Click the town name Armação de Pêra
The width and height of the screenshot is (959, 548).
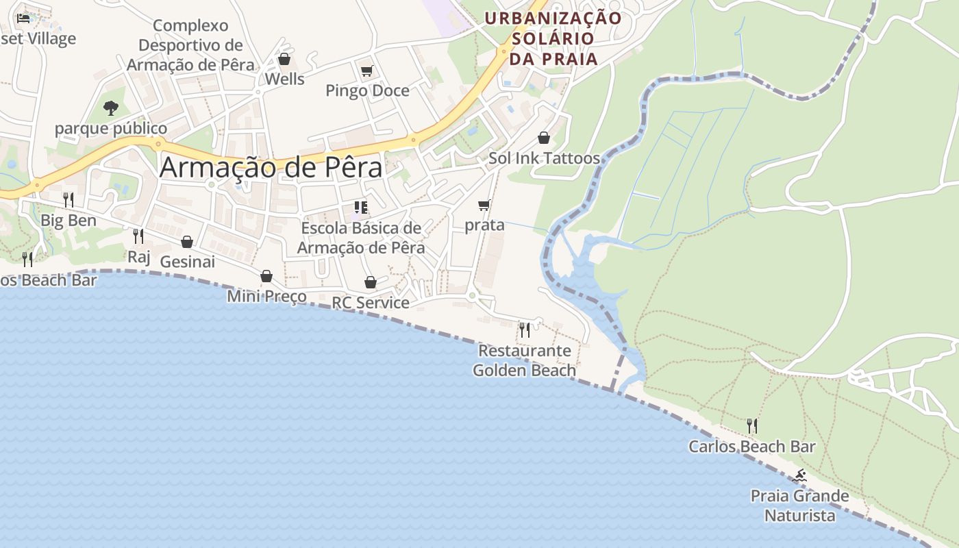pos(271,167)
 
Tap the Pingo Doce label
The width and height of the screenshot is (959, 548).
pos(367,90)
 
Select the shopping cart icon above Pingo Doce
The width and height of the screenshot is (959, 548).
pos(366,70)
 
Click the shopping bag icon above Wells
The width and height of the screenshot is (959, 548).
pos(284,59)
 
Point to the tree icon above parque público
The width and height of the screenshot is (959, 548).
pos(110,108)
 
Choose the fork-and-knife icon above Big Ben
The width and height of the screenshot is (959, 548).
pos(68,199)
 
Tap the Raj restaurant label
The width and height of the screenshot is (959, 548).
pos(138,257)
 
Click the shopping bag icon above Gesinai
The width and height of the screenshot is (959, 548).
pos(186,241)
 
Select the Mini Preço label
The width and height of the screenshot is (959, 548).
pos(266,297)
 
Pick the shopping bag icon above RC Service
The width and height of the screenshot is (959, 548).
pos(371,282)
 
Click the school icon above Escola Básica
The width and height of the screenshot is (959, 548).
pos(361,207)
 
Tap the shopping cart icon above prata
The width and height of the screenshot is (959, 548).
pos(484,205)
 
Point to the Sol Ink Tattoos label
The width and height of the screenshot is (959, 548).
pos(544,158)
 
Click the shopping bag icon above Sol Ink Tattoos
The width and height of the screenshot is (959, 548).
pos(544,138)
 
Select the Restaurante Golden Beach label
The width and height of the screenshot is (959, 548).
pos(525,360)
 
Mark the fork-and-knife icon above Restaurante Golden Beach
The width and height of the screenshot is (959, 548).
pos(525,330)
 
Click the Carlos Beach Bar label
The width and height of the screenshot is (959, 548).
pos(751,447)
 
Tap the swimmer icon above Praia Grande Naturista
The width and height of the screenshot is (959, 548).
pos(799,475)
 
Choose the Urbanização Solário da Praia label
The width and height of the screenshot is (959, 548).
pos(553,38)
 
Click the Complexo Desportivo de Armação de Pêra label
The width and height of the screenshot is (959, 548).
pos(190,45)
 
